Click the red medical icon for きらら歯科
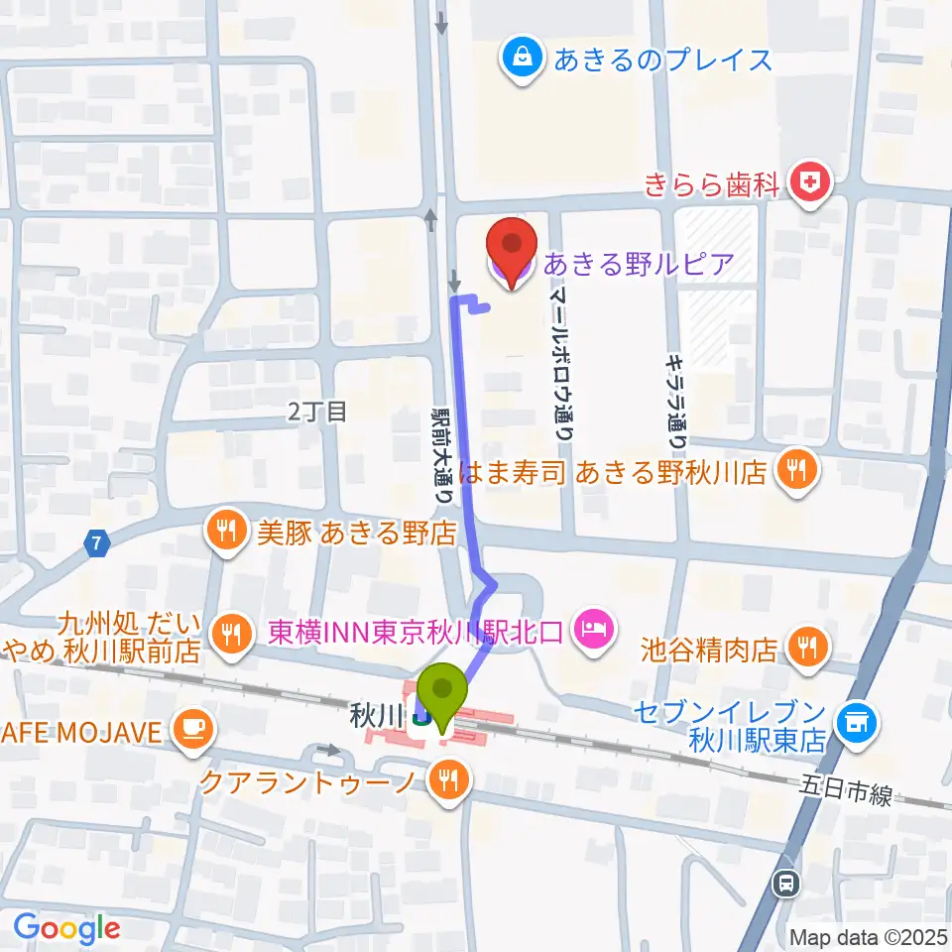[x=811, y=182]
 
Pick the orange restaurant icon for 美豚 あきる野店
[x=227, y=533]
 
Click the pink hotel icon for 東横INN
[x=595, y=629]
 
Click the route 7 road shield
[x=95, y=542]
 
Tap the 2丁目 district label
[x=317, y=412]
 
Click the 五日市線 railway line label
[x=848, y=789]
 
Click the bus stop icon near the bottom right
[x=787, y=881]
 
